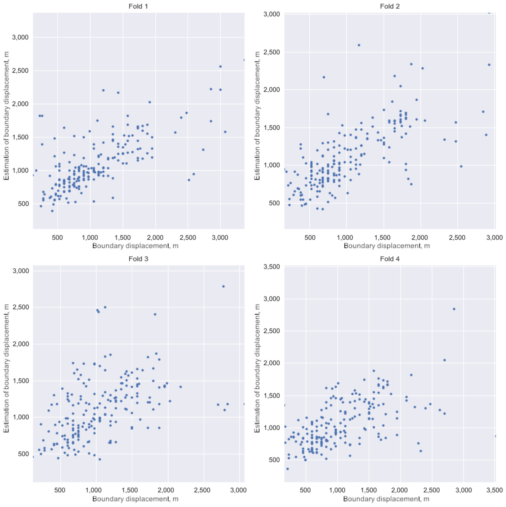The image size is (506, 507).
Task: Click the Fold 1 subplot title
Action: [x=138, y=6]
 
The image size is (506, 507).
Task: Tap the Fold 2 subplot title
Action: [x=390, y=6]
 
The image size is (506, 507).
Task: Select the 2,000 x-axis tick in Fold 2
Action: [x=421, y=237]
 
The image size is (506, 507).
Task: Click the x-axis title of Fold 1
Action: [x=135, y=246]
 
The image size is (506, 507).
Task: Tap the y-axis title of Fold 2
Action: [x=257, y=116]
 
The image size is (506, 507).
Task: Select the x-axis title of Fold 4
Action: [x=386, y=499]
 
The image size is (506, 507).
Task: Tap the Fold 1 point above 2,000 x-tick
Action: [x=150, y=102]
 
